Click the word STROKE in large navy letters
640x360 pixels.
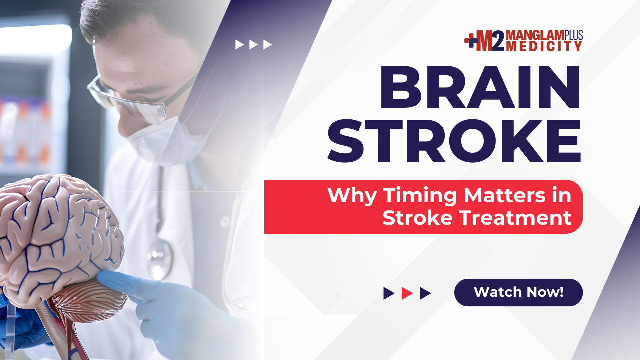[x=454, y=141]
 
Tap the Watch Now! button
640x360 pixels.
[x=518, y=292]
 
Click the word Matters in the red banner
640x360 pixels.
[x=505, y=195]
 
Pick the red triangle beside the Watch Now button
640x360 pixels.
[x=407, y=293]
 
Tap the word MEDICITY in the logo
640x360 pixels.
[x=544, y=46]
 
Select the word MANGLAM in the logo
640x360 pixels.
[x=535, y=35]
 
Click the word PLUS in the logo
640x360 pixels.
[x=573, y=35]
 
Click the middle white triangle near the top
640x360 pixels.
[x=253, y=45]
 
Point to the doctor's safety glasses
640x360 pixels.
[x=128, y=101]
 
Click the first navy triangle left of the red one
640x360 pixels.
[x=389, y=293]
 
